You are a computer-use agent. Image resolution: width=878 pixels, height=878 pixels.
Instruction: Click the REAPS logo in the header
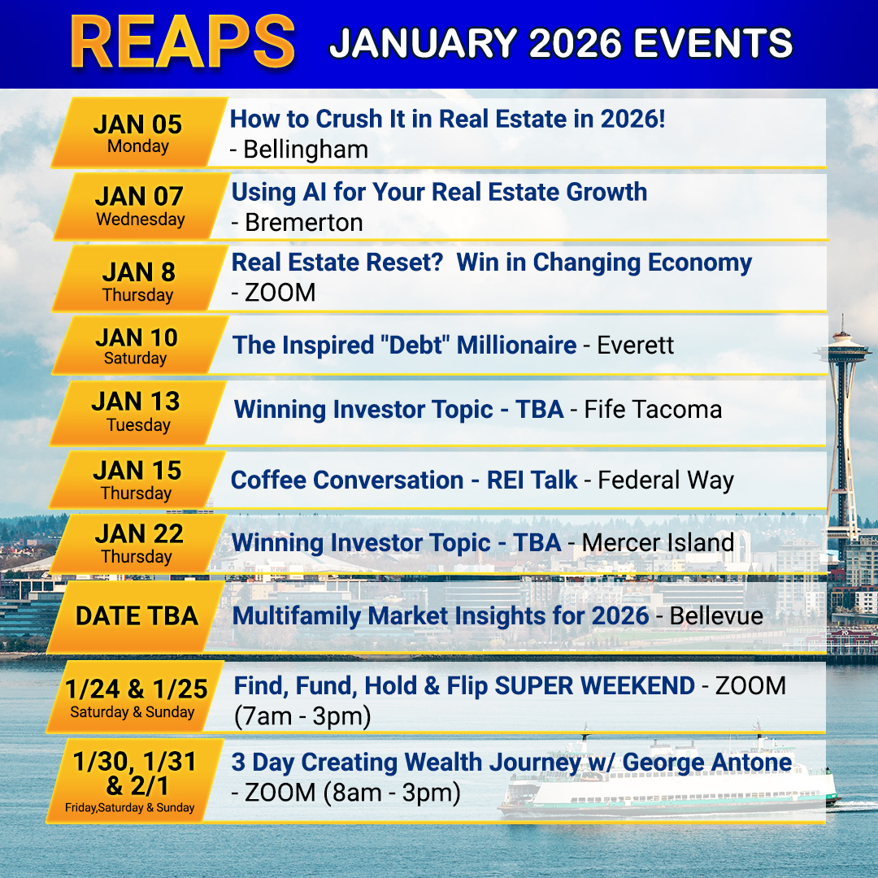tap(183, 42)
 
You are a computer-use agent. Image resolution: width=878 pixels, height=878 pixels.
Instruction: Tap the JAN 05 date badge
tap(140, 133)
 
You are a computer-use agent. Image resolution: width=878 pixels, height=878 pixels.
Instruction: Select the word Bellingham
tap(306, 150)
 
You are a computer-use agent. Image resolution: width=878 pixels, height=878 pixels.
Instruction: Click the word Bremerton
tap(304, 222)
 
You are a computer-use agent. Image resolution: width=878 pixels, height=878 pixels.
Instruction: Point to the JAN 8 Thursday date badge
tap(140, 278)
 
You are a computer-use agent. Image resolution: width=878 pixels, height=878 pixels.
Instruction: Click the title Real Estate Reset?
tap(337, 262)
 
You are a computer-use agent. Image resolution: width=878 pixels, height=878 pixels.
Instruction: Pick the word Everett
tap(636, 345)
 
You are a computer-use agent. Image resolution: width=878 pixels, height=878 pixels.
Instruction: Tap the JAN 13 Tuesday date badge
tap(137, 413)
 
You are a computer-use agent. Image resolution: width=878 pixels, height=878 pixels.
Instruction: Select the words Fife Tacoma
tap(653, 409)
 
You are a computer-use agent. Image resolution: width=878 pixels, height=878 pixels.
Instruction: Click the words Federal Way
tap(666, 480)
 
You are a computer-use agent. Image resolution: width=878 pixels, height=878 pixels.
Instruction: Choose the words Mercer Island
tap(658, 542)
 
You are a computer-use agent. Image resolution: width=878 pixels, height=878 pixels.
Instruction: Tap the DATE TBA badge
tap(136, 616)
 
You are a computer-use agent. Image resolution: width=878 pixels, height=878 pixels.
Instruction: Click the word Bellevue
tap(716, 616)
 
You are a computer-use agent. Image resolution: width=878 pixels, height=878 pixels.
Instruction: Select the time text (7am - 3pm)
tap(302, 716)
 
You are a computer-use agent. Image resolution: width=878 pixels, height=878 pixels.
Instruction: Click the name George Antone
tap(707, 762)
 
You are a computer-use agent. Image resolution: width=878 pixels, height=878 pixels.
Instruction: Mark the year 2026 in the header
tap(575, 43)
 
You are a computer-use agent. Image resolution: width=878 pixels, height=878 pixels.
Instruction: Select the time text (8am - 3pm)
tap(392, 793)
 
